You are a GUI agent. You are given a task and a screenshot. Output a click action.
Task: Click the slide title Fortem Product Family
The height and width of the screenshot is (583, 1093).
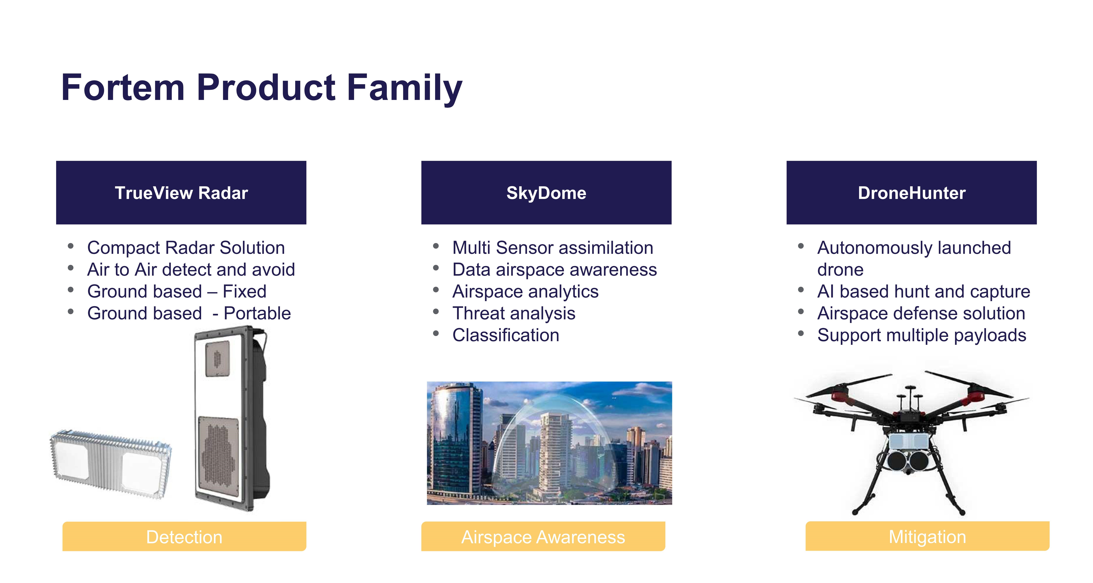tap(261, 88)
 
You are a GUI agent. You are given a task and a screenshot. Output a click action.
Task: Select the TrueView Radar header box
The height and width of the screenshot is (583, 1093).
tap(181, 192)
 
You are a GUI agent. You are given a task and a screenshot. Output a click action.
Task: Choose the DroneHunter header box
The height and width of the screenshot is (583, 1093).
tap(911, 192)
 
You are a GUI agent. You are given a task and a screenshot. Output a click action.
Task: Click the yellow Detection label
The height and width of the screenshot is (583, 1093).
tap(184, 536)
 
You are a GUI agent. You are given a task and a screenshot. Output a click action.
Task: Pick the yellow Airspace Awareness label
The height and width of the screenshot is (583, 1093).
tap(543, 536)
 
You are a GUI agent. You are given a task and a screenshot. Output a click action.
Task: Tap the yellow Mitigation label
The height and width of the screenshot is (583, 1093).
tap(928, 536)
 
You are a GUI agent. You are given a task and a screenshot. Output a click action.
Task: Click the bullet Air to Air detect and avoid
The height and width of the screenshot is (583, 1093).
tap(191, 270)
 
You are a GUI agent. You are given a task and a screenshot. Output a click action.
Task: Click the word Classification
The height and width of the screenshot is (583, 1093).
tap(506, 335)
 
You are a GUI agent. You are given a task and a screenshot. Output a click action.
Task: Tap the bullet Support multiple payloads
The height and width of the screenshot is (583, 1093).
tap(922, 335)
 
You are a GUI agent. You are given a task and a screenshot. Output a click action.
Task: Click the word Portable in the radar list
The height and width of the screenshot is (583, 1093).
tap(257, 313)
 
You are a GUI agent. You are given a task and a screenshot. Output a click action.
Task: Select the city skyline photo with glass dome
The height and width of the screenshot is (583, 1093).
tap(550, 443)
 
